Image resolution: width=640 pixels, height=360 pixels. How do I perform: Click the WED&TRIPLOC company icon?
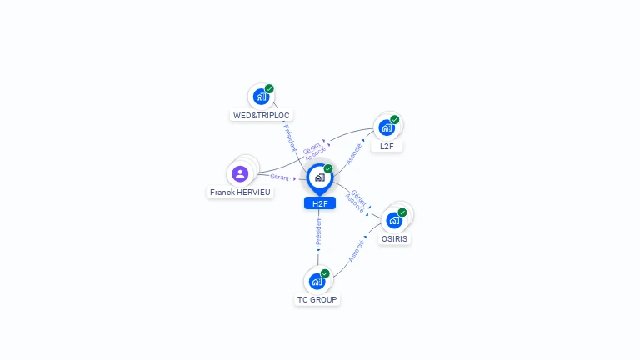pos(261,97)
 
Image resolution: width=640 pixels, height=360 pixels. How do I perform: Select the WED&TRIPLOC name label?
pos(261,116)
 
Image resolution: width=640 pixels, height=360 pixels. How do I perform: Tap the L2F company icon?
pos(387,127)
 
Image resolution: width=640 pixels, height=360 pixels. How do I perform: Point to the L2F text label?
pos(387,146)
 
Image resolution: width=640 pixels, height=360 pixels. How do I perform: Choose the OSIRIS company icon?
pos(394,220)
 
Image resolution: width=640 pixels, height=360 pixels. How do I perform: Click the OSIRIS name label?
pos(394,239)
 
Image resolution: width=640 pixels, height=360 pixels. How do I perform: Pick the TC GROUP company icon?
pos(317,281)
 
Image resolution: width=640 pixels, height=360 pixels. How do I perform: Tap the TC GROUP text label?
pos(317,300)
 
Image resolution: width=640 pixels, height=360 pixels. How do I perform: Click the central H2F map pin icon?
pos(320,179)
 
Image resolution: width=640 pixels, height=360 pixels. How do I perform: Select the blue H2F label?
pos(320,203)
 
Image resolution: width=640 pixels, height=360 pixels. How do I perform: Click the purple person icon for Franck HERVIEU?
pos(240,173)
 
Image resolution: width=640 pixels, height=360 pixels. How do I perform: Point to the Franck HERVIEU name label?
pos(240,192)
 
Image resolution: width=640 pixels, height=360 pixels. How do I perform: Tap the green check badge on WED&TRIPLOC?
pos(269,88)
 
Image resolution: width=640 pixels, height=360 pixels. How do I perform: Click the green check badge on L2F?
pos(395,120)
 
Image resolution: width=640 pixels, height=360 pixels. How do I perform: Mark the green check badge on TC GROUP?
pos(325,273)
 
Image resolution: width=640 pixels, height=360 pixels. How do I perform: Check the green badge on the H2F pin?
pos(328,168)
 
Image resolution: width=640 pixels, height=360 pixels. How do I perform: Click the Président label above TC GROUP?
pos(319,231)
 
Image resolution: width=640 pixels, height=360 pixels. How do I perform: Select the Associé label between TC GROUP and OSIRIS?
pos(356,251)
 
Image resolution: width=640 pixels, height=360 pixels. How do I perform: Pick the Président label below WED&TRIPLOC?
pos(290,138)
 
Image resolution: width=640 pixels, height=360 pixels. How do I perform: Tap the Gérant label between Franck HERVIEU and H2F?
pos(280,177)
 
